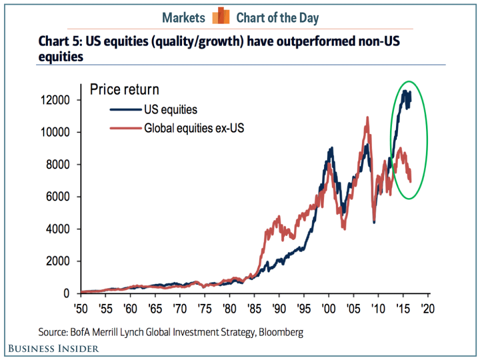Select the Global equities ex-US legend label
194,128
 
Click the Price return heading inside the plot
124,90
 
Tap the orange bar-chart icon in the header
220,17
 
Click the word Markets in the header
183,18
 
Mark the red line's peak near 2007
367,117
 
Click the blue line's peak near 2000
331,148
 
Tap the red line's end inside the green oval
410,181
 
